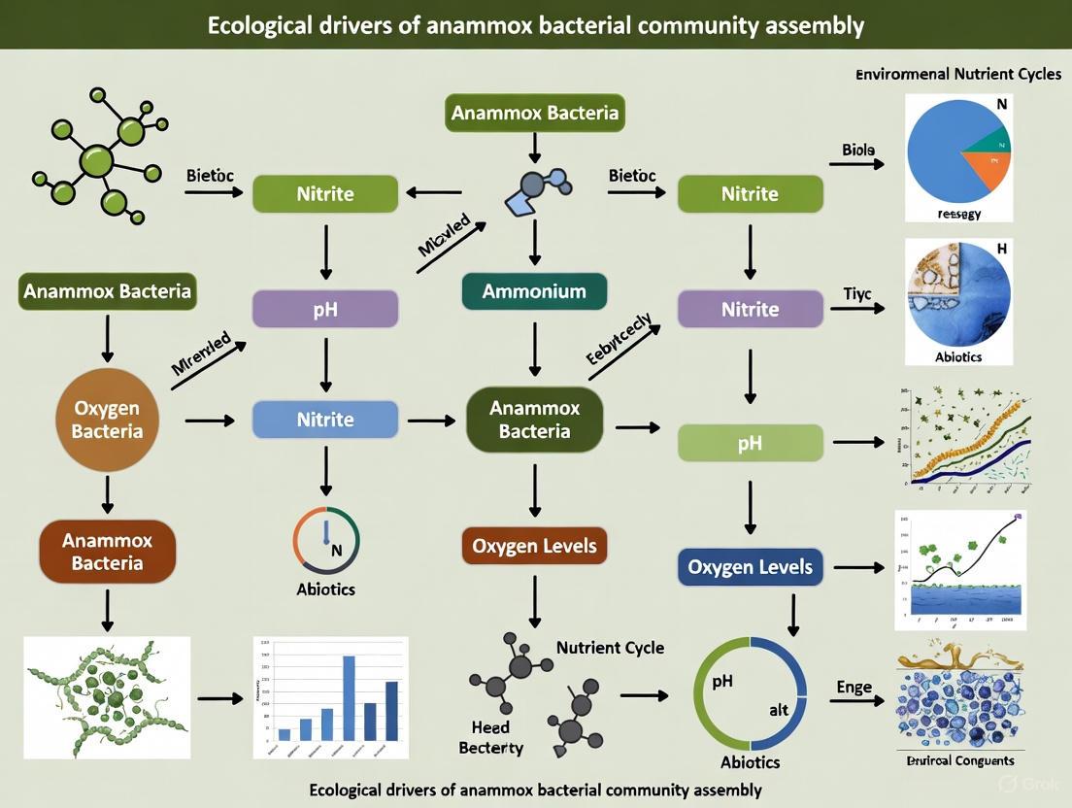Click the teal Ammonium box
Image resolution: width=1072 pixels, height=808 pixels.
coord(534,291)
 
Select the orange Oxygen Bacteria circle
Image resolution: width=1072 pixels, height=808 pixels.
coord(107,421)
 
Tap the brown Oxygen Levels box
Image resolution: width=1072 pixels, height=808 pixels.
coord(534,546)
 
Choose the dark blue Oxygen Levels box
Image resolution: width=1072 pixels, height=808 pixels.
coord(750,566)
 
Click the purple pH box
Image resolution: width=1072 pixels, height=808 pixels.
coord(325,309)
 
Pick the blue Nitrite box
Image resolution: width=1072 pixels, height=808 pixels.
coord(325,420)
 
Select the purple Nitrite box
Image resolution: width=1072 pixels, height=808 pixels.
coord(750,309)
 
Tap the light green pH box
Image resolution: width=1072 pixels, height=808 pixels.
coord(750,444)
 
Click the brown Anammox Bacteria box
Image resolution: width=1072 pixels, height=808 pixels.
coord(107,551)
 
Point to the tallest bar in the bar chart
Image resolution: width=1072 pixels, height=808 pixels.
coord(349,699)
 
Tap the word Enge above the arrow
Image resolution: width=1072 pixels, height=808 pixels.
coord(854,688)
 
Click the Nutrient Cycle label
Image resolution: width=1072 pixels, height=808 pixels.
coord(610,647)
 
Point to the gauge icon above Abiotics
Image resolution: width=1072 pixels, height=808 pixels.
coord(326,541)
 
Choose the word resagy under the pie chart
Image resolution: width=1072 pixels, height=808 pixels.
coord(958,214)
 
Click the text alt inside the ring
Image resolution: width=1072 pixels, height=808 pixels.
coord(779,710)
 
